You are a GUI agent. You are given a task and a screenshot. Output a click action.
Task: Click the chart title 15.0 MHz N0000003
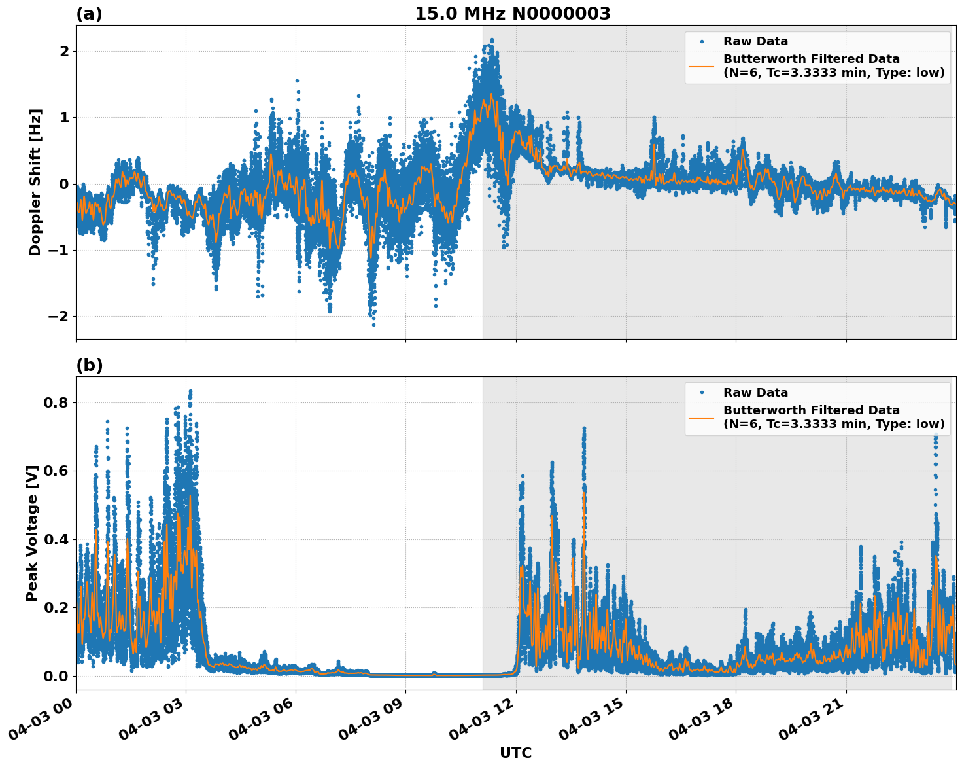click(512, 14)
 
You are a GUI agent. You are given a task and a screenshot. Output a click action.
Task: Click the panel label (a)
click(89, 14)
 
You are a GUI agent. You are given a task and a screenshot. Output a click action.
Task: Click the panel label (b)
click(89, 365)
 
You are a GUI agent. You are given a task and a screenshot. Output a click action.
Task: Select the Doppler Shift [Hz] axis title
click(35, 182)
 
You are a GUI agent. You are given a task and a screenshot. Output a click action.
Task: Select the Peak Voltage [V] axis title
click(32, 533)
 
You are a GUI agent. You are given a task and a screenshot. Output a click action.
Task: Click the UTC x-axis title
click(515, 753)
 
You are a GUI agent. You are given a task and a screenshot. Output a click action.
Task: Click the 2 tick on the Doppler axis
click(63, 51)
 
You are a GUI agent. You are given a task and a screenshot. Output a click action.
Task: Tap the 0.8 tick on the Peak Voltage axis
click(56, 402)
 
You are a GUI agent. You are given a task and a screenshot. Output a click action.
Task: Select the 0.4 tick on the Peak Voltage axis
click(56, 539)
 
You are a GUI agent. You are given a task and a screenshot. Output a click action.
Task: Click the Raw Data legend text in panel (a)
click(755, 42)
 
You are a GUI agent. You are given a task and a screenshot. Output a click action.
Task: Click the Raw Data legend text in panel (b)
click(755, 393)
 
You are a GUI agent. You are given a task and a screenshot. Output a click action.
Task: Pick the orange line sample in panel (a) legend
click(701, 66)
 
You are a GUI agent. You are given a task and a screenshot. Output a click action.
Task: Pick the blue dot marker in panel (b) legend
click(701, 393)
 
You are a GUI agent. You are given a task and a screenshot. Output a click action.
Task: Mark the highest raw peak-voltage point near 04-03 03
click(190, 391)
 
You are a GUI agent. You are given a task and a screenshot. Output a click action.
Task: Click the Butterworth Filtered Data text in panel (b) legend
click(811, 410)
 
